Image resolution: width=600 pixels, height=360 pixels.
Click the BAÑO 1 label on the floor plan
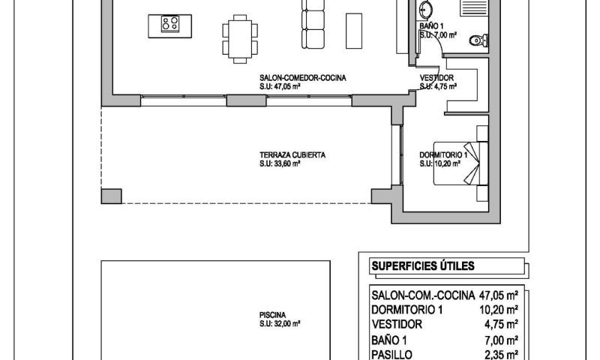click(433, 26)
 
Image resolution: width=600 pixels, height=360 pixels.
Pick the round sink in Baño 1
click(425, 10)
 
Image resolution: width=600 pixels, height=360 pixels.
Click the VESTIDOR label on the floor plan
click(436, 77)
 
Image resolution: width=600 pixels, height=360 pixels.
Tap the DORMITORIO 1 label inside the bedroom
click(443, 155)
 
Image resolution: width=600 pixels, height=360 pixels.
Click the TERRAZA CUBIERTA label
click(292, 155)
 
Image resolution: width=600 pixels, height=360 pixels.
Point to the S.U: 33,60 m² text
click(280, 163)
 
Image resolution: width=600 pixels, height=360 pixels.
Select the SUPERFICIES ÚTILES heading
click(423, 266)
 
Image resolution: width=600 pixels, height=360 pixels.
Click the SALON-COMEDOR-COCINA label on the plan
click(303, 77)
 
